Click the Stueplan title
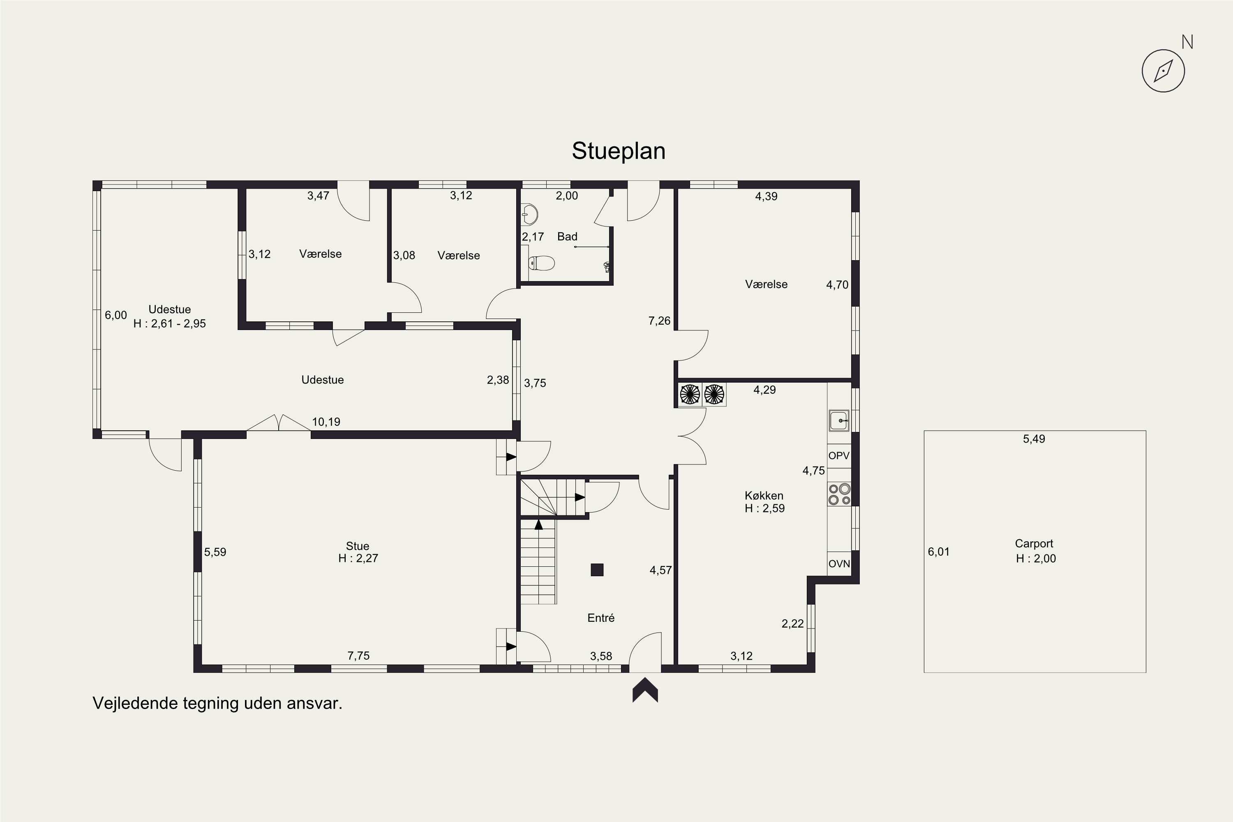(619, 151)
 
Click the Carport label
(1034, 544)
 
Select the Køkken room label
(764, 495)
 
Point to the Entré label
(601, 618)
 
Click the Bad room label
(567, 236)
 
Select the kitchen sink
(839, 420)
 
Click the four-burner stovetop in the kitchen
(839, 494)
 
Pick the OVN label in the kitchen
(839, 564)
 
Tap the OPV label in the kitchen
(839, 455)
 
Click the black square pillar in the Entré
(597, 570)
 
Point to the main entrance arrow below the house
(645, 689)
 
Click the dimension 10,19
(326, 422)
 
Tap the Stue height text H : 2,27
(358, 558)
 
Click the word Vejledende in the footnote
(135, 703)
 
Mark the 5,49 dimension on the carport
(1034, 439)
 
